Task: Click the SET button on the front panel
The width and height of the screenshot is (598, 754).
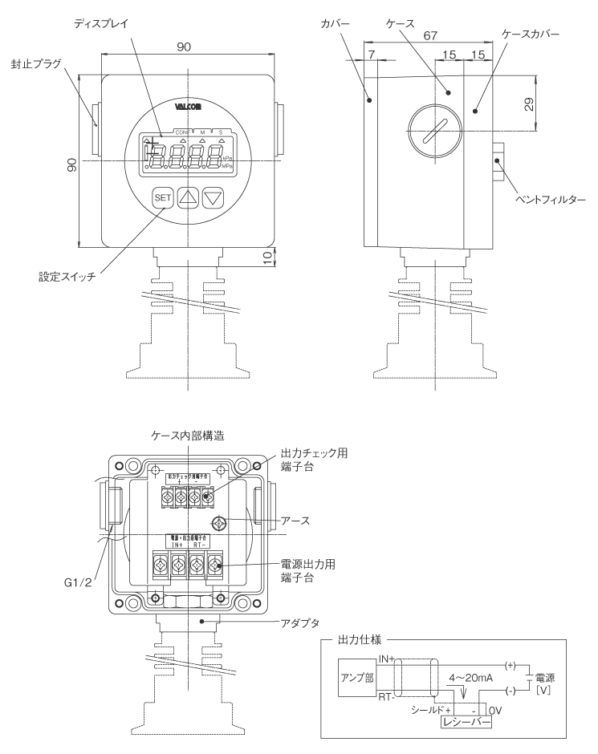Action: tap(164, 197)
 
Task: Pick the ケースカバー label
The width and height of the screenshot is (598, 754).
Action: tap(530, 36)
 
